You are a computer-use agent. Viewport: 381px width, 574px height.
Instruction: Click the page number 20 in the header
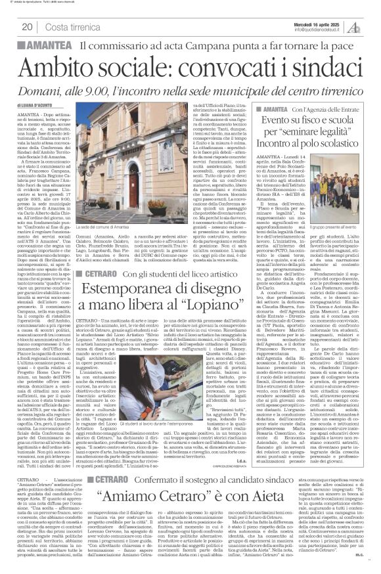28,26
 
